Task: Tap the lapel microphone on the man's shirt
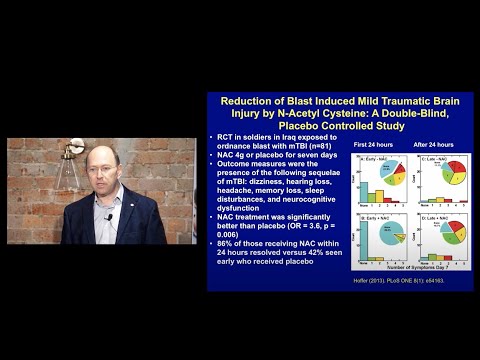coord(109,216)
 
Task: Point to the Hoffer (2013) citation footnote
coord(380,278)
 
